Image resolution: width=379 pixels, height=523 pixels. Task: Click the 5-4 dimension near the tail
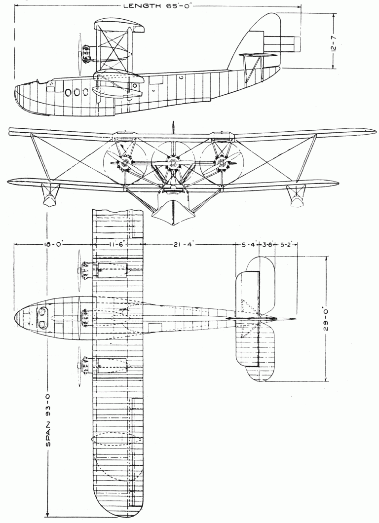[x=248, y=243]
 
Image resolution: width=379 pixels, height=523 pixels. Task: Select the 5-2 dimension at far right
[x=287, y=243]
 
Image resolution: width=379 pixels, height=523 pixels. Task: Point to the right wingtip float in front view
[x=298, y=196]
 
